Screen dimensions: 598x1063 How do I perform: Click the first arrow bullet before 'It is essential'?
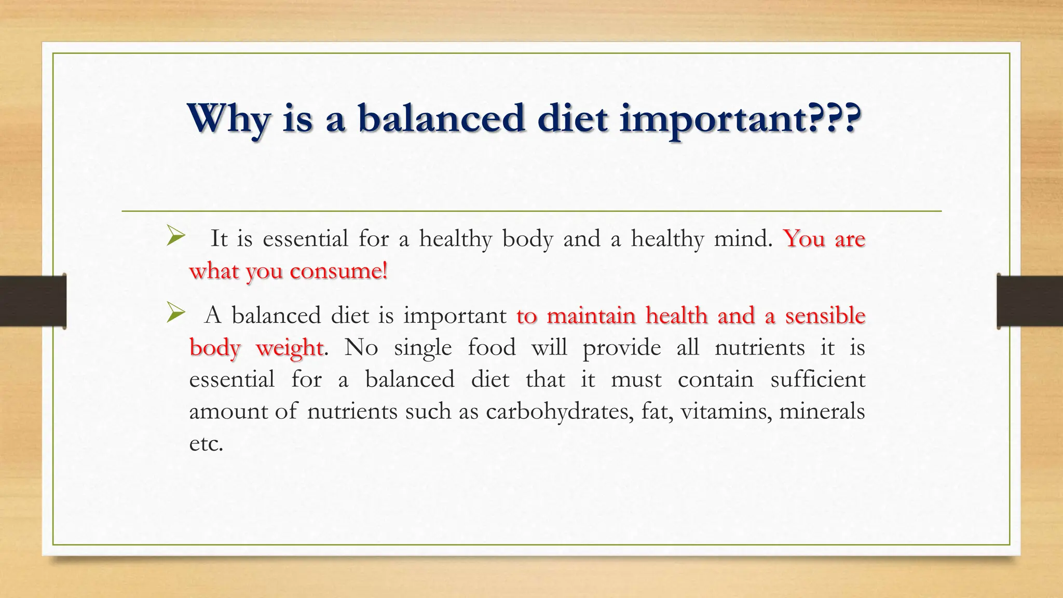[176, 238]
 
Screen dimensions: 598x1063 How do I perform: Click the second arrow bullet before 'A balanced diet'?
[176, 314]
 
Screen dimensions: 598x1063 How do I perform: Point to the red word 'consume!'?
[338, 271]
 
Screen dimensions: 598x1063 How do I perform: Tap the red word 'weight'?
[289, 348]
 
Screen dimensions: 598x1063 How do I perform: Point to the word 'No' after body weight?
[361, 347]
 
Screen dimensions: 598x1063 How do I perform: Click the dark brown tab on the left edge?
[33, 301]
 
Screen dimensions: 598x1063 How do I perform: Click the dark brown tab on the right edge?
[1030, 301]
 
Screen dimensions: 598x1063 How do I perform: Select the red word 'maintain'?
[591, 316]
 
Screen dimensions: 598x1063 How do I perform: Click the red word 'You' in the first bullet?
[804, 239]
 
